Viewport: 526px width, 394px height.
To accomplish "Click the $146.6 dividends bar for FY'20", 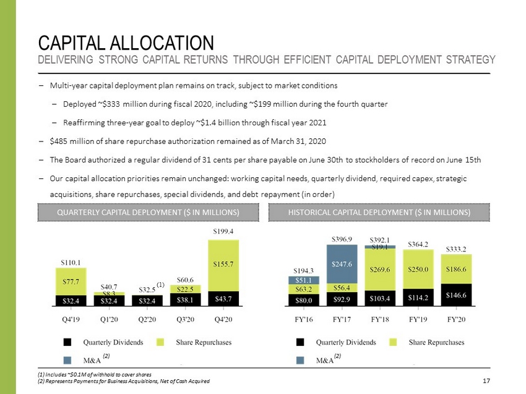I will (x=457, y=295).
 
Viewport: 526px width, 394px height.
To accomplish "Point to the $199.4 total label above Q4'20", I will (x=223, y=231).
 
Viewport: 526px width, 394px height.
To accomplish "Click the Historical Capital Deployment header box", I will (x=379, y=212).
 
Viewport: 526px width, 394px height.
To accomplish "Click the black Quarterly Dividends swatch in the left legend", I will (x=67, y=342).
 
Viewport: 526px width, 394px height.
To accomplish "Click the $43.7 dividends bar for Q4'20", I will (x=223, y=299).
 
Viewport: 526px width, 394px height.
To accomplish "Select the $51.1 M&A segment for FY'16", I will (x=303, y=280).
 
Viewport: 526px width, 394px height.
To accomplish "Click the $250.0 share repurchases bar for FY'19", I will (x=418, y=270).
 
